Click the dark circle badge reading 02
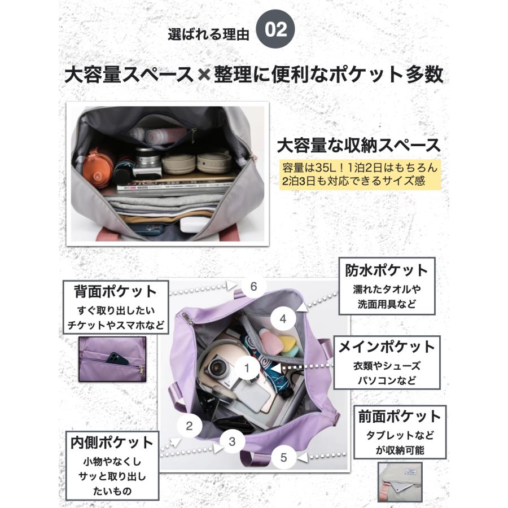pos(277,30)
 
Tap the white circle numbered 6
pos(254,286)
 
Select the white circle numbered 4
pos(283,319)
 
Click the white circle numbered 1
pos(247,369)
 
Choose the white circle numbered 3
pos(232,442)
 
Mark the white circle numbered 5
pos(283,457)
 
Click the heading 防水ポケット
pos(387,270)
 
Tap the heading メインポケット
pos(387,347)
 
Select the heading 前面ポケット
pos(399,417)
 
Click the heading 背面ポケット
pos(115,292)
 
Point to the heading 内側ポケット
pos(111,441)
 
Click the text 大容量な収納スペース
pos(358,145)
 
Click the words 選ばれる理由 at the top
pos(208,33)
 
